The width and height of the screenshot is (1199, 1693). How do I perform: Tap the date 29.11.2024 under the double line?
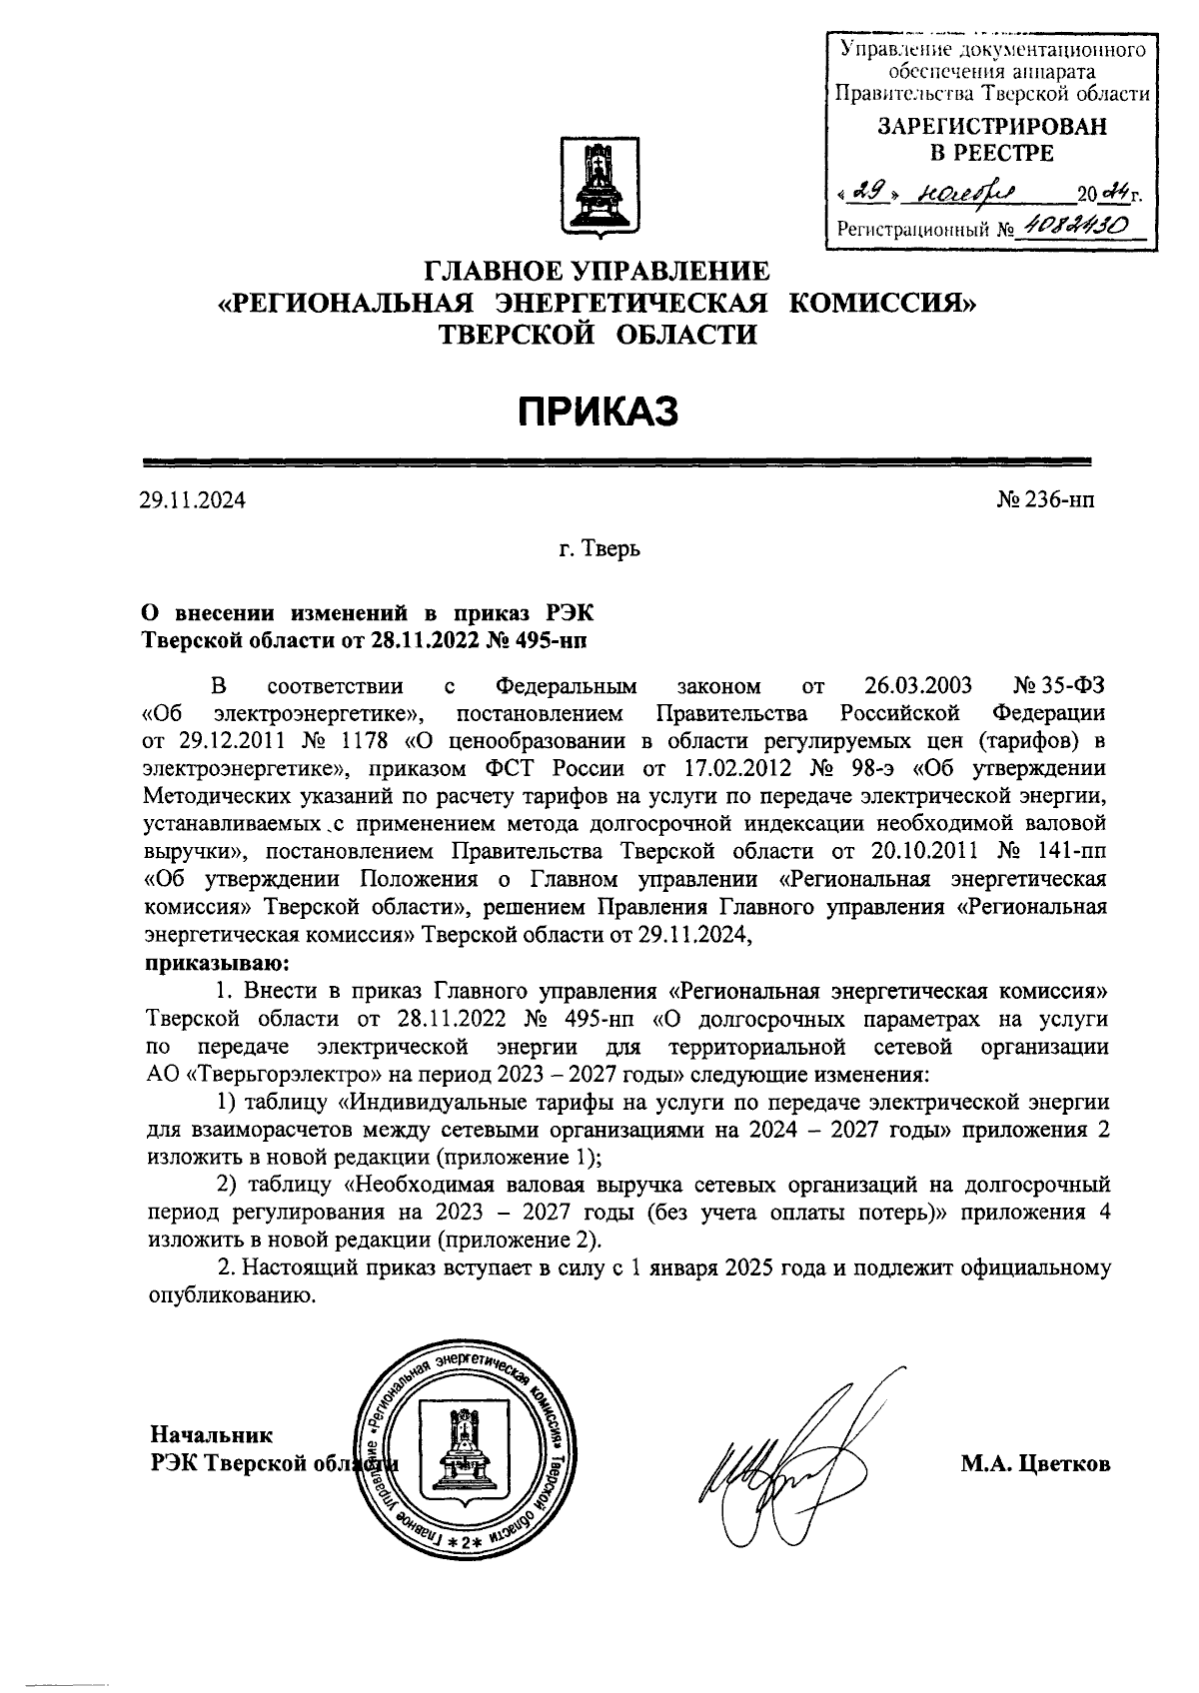pyautogui.click(x=193, y=499)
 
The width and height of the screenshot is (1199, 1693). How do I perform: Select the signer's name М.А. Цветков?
pyautogui.click(x=1035, y=1464)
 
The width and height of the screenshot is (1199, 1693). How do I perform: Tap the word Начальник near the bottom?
pyautogui.click(x=211, y=1435)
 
